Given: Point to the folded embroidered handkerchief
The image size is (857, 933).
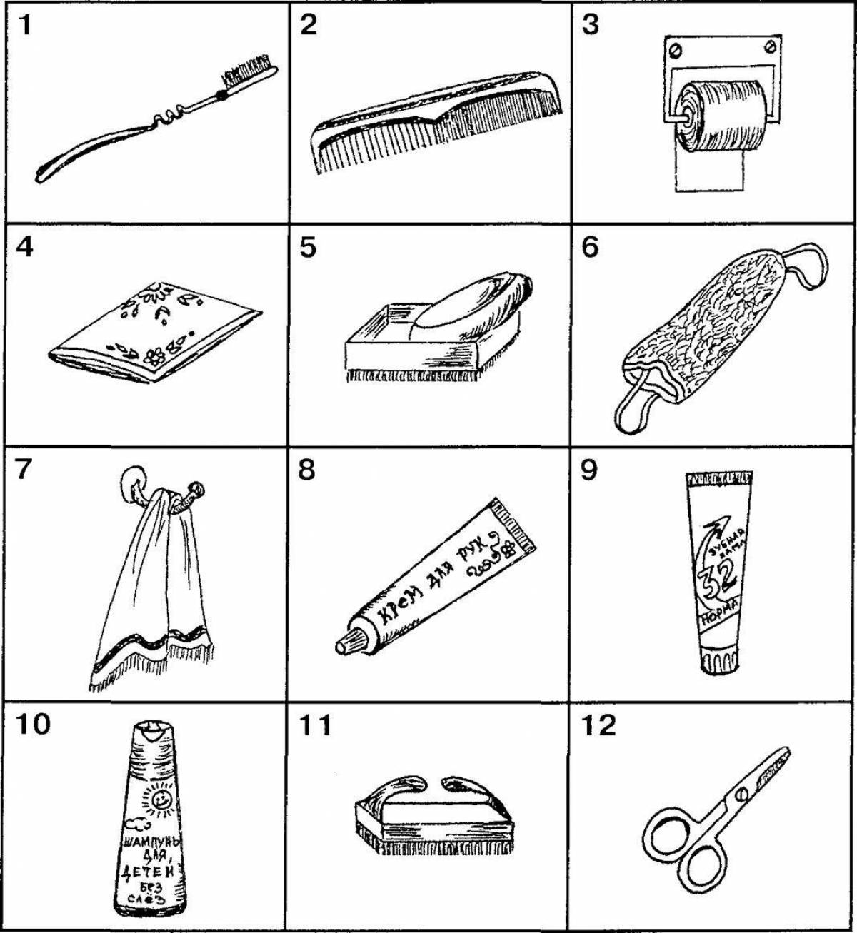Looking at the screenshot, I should click(x=157, y=332).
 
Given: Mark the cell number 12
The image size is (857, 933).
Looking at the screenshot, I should click(x=598, y=726).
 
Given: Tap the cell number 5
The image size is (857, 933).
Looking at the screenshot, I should click(x=308, y=249).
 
